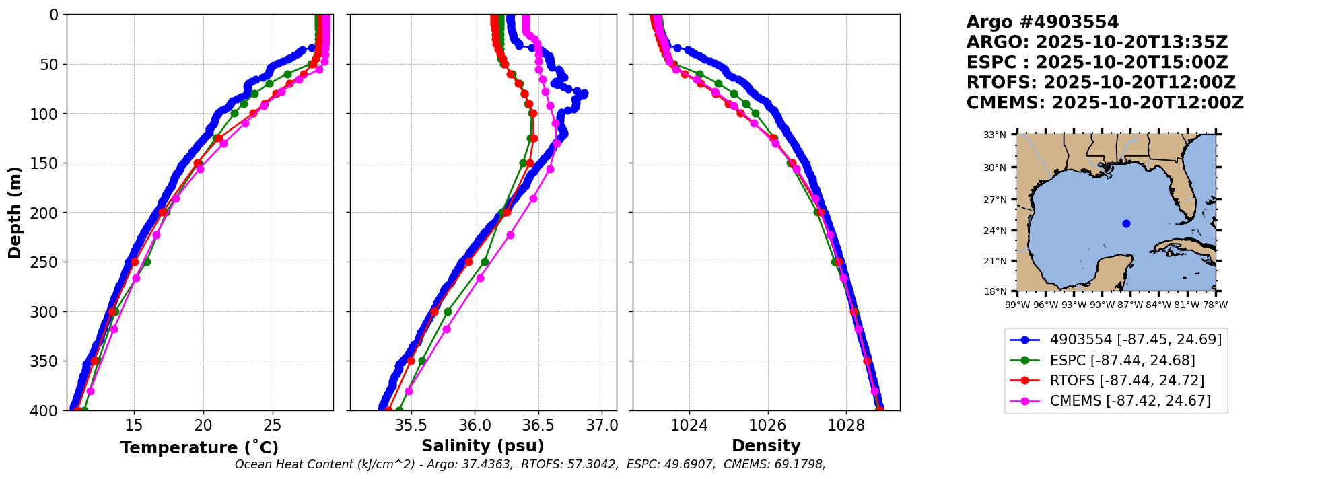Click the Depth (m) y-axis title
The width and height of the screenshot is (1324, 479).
point(14,212)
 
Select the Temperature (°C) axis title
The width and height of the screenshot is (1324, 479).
point(199,448)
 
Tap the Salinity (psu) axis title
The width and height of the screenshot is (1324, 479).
point(483,446)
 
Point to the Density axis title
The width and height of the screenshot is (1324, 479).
point(766,446)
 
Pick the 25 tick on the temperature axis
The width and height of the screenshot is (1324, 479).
point(272,426)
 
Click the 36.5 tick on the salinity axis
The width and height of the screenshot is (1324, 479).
point(538,426)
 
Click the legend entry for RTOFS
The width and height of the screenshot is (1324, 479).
point(1127,381)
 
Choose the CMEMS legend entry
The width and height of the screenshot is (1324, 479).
point(1130,401)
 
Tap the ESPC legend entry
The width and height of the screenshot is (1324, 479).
point(1122,361)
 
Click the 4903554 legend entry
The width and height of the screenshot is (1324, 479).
point(1136,340)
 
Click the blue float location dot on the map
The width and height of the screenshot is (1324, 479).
point(1126,223)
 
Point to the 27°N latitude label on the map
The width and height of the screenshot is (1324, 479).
point(995,200)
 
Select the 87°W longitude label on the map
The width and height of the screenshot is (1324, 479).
point(1130,305)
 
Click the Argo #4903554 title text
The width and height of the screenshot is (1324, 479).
point(1042,22)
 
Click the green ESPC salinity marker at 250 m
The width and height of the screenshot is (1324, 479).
point(485,262)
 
